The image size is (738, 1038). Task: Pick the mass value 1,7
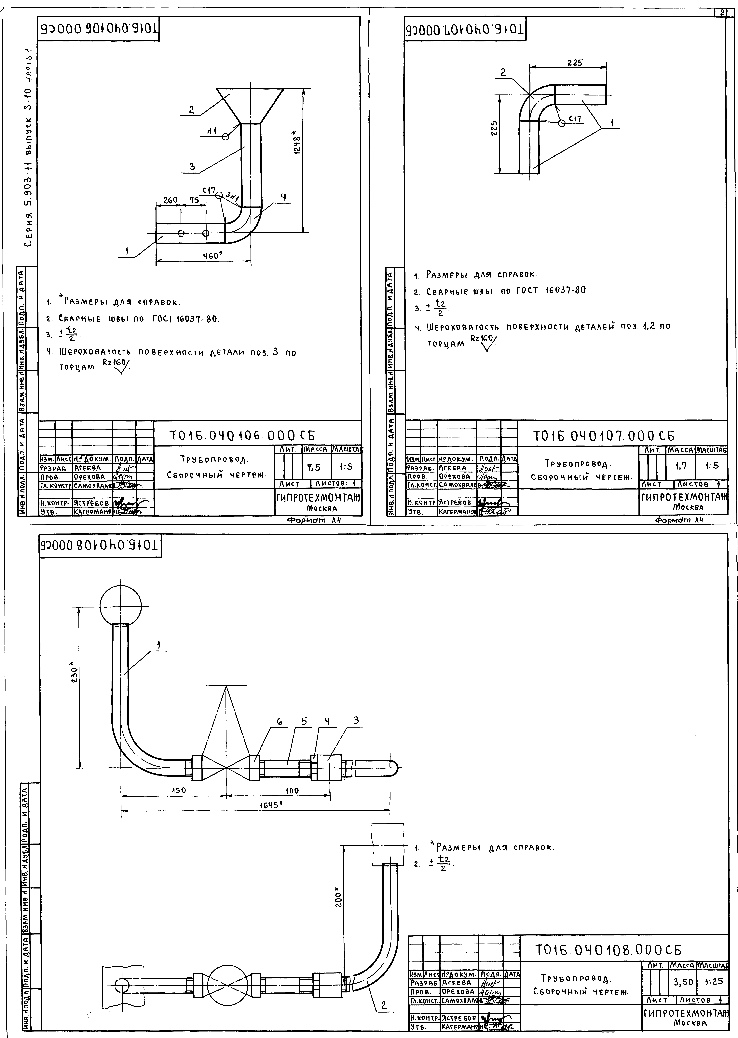click(x=680, y=466)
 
